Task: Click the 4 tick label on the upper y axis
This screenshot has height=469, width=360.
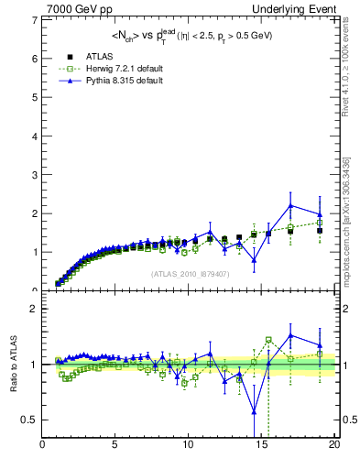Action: point(35,136)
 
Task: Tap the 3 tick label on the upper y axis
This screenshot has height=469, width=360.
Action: point(35,174)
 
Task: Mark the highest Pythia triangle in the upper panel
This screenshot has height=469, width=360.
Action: point(290,205)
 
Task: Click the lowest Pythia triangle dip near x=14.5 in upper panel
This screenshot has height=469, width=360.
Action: point(254,259)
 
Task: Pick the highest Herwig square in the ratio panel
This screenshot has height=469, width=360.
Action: point(268,340)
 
